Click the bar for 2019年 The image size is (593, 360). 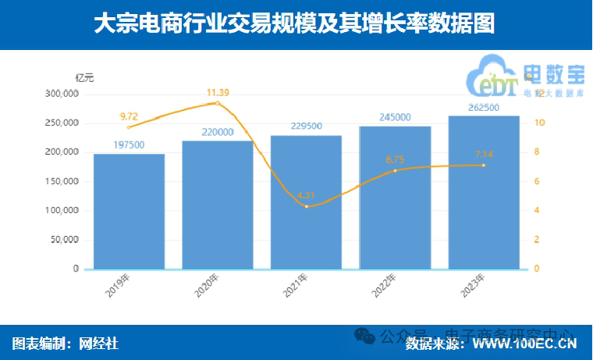click(x=129, y=212)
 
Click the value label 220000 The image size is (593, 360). click(x=218, y=133)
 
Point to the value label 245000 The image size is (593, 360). click(x=395, y=117)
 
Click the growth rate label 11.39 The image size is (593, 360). click(x=218, y=93)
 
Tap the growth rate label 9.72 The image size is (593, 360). click(x=130, y=114)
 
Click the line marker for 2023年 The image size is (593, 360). click(x=484, y=165)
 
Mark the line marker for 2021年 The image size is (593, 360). click(x=307, y=206)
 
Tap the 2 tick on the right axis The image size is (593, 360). click(x=537, y=240)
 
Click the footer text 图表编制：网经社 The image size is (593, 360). click(x=66, y=343)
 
